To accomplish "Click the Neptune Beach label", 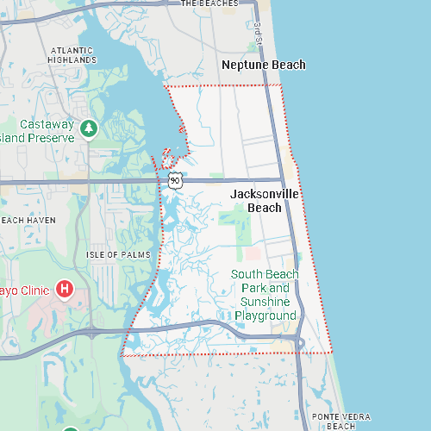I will pyautogui.click(x=263, y=65).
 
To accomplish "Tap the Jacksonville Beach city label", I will pyautogui.click(x=265, y=201).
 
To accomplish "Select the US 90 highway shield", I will pyautogui.click(x=176, y=180).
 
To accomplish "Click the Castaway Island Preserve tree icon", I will pyautogui.click(x=88, y=128).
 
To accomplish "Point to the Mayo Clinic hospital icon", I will pyautogui.click(x=65, y=289).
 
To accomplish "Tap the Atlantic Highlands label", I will pyautogui.click(x=72, y=55).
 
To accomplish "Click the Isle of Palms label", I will pyautogui.click(x=118, y=255).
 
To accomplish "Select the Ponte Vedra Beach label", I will pyautogui.click(x=341, y=421).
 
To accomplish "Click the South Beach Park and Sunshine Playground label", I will pyautogui.click(x=265, y=295).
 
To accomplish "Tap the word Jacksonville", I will pyautogui.click(x=265, y=195).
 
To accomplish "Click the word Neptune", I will pyautogui.click(x=244, y=65).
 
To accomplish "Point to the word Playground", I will pyautogui.click(x=265, y=315).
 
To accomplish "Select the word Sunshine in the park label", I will pyautogui.click(x=265, y=302).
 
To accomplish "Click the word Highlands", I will pyautogui.click(x=72, y=60).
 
